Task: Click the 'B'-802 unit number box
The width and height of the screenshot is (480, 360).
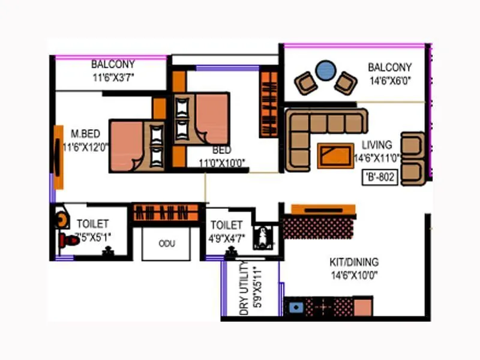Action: tap(380, 178)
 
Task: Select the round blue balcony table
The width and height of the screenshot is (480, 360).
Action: tap(325, 70)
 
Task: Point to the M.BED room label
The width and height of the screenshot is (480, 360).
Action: tap(85, 133)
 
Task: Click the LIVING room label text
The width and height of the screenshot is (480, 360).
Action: tap(377, 145)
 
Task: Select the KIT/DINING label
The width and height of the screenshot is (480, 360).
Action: tap(354, 262)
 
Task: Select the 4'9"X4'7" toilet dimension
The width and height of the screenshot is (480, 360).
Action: tap(226, 238)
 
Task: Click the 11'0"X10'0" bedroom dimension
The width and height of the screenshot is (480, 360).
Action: tap(222, 161)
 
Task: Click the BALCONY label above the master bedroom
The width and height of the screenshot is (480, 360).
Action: tap(113, 64)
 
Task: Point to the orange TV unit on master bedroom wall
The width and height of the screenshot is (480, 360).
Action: tap(58, 157)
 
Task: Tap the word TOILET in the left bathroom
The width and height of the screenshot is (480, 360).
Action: tap(92, 224)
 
